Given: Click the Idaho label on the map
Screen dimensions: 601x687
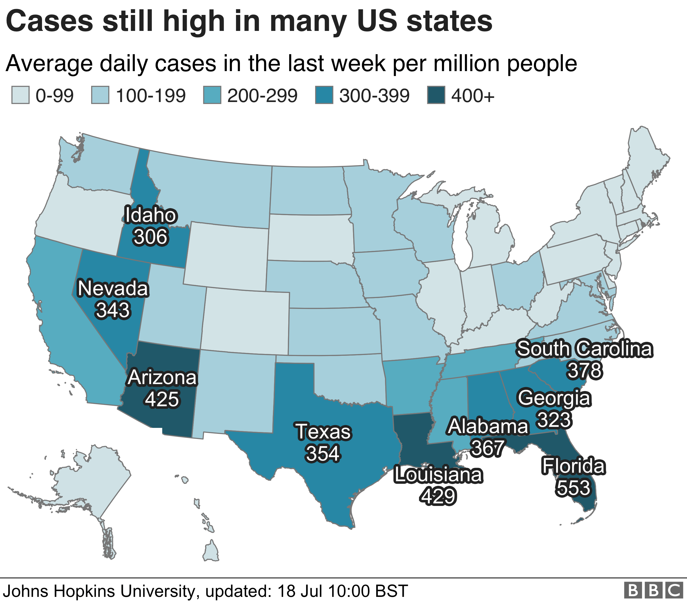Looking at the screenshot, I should (150, 215).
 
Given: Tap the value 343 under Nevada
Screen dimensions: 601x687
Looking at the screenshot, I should (112, 310).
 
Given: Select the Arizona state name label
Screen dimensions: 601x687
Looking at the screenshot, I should (162, 377).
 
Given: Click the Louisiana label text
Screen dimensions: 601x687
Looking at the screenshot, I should (438, 475).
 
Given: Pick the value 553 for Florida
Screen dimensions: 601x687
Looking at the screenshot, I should (573, 488).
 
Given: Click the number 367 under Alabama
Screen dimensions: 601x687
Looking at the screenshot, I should (487, 448).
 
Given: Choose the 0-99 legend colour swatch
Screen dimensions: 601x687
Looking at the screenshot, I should (20, 95).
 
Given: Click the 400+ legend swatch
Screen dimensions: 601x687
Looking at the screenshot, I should (436, 95).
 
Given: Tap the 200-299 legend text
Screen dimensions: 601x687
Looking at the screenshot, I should (262, 96).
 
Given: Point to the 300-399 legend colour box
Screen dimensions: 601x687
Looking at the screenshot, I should (324, 95).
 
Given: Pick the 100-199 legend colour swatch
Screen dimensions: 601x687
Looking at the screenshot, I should (100, 95).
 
